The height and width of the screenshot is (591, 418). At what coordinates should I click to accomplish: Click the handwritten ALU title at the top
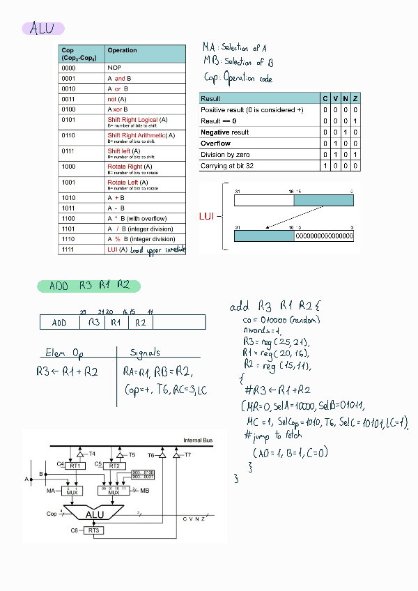(x=42, y=29)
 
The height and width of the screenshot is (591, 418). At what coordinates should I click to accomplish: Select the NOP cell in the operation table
(x=114, y=68)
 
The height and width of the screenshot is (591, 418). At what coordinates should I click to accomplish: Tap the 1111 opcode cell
(x=68, y=249)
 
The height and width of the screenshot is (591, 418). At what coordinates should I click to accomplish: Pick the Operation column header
(x=123, y=50)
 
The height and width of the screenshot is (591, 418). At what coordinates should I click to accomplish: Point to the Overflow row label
(x=216, y=143)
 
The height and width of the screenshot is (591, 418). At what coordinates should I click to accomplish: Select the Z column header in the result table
(x=355, y=98)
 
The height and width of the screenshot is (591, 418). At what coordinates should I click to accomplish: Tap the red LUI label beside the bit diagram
(x=207, y=217)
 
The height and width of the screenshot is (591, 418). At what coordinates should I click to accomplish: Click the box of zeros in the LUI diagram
(x=324, y=236)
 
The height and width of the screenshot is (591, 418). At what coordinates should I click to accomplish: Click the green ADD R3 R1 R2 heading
(x=89, y=286)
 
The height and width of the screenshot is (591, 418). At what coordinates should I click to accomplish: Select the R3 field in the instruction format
(x=93, y=323)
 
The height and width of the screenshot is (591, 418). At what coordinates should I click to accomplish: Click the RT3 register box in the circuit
(x=95, y=530)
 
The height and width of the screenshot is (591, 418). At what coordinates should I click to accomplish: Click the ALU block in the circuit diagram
(x=95, y=514)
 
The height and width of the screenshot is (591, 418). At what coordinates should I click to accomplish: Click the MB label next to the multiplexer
(x=145, y=491)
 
